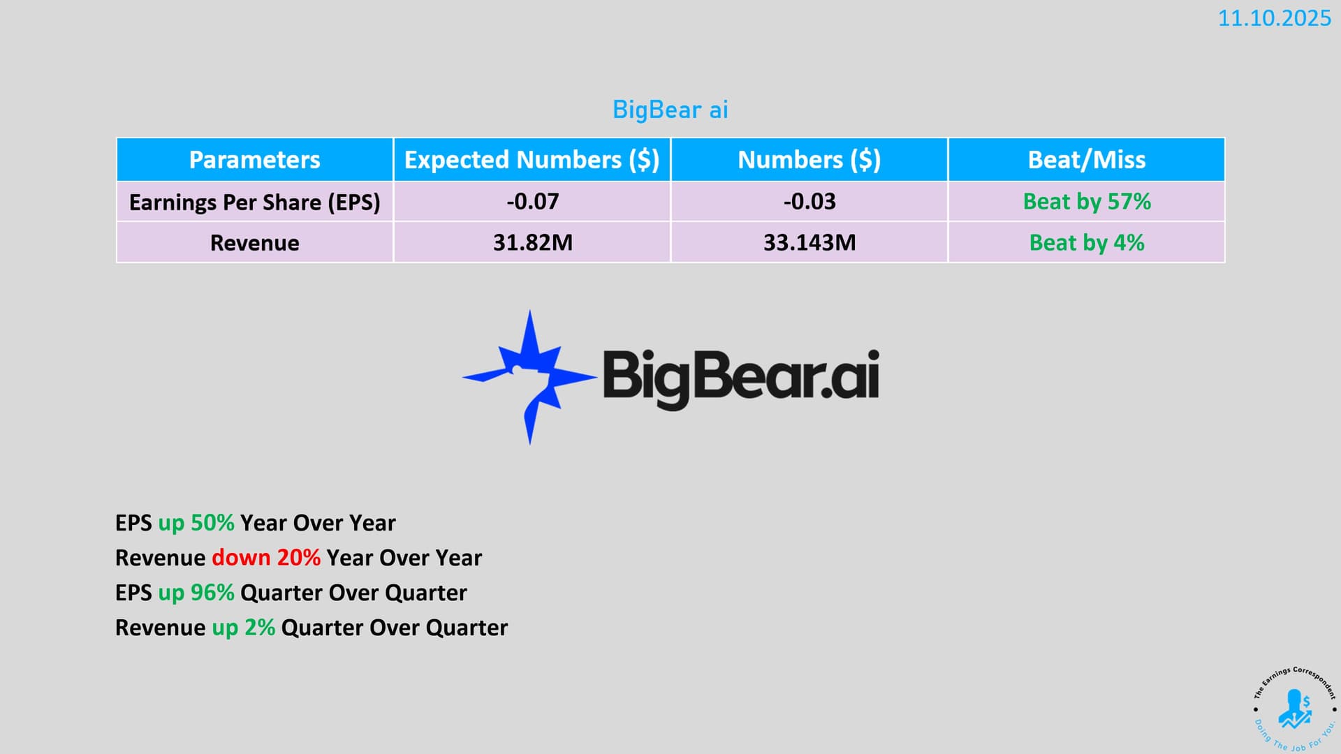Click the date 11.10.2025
(x=1275, y=18)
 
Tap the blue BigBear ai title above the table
(x=670, y=110)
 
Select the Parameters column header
(x=255, y=160)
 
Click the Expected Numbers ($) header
(x=532, y=160)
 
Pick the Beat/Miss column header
(x=1087, y=160)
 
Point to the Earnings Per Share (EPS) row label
(x=255, y=202)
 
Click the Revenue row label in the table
(x=255, y=243)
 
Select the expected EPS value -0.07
(x=533, y=202)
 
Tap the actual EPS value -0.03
(x=809, y=202)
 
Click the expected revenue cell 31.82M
(x=533, y=243)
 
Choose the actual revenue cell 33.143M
(x=809, y=243)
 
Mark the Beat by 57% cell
(x=1087, y=202)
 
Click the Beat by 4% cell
(x=1087, y=243)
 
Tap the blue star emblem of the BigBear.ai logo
(x=529, y=376)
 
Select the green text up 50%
(x=196, y=523)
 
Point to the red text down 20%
(x=266, y=558)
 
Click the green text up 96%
(x=196, y=593)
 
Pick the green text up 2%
(x=243, y=628)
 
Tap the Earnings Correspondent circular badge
(x=1295, y=709)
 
